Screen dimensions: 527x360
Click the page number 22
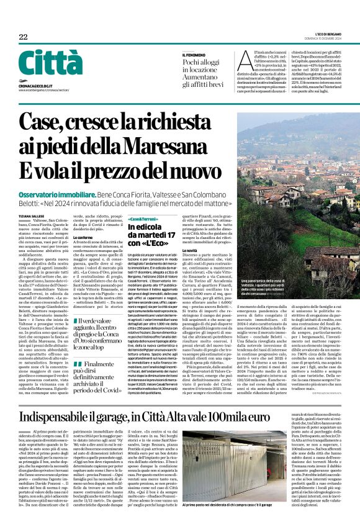(23, 37)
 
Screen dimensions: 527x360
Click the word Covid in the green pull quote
(108, 378)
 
